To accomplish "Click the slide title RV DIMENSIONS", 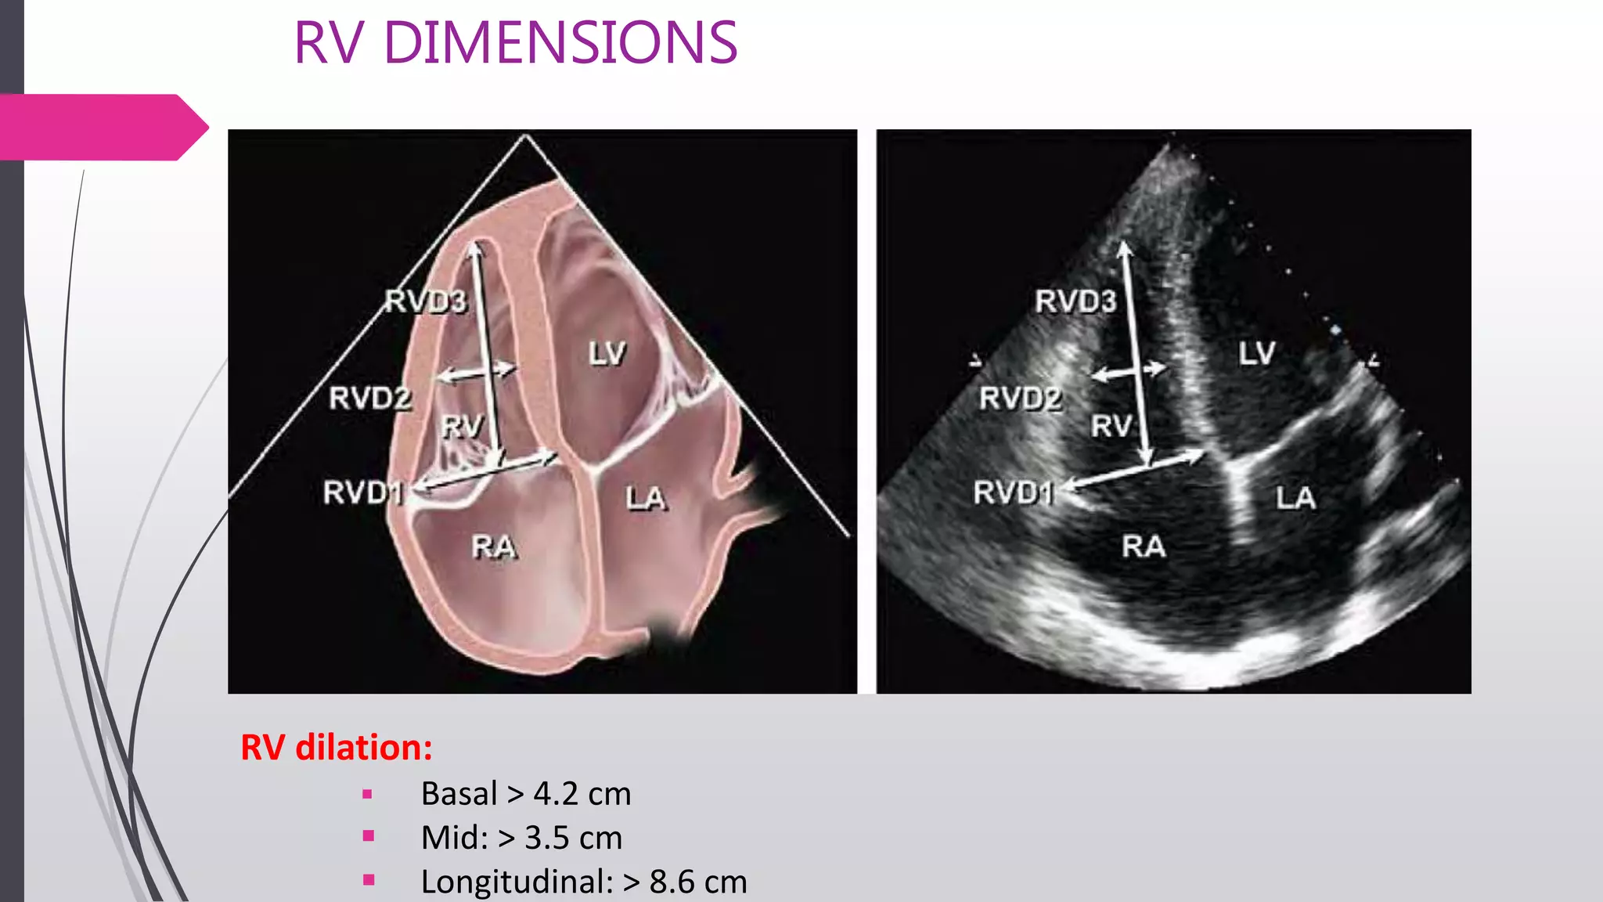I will pos(515,43).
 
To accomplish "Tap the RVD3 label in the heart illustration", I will pos(426,301).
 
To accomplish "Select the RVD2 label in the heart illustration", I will pos(369,399).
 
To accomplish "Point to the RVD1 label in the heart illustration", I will pos(362,493).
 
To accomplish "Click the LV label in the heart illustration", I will pos(607,354).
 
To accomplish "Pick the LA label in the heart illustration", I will pos(646,499).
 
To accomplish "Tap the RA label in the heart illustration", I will pos(494,547).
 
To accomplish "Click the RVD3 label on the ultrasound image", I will pos(1075,301).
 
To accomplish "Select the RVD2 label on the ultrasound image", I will pos(1020,399).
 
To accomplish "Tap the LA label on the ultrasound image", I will pos(1295,498).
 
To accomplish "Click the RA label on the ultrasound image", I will pos(1144,547).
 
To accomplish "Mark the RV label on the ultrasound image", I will pos(1111,427).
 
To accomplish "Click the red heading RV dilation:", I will pos(337,748).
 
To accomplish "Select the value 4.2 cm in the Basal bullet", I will pos(582,794).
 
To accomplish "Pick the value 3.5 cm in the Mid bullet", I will pos(573,838).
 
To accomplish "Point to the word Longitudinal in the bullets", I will pos(517,882).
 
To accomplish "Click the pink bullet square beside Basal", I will pos(368,794).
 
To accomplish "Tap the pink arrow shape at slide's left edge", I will pos(102,127).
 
